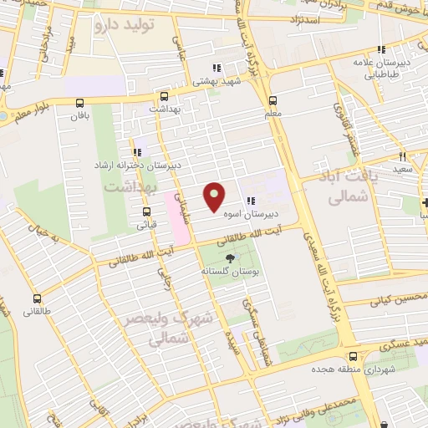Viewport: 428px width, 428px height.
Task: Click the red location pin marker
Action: (x=215, y=196)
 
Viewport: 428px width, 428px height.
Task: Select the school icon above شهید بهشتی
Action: (x=216, y=68)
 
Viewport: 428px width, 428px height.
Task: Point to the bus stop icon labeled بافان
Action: (x=79, y=105)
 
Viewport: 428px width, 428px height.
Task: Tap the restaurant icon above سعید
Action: (x=403, y=155)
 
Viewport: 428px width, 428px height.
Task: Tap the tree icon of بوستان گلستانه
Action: (x=231, y=257)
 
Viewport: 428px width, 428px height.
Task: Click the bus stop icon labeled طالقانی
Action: (x=37, y=298)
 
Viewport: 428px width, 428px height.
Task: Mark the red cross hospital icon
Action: (x=424, y=203)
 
